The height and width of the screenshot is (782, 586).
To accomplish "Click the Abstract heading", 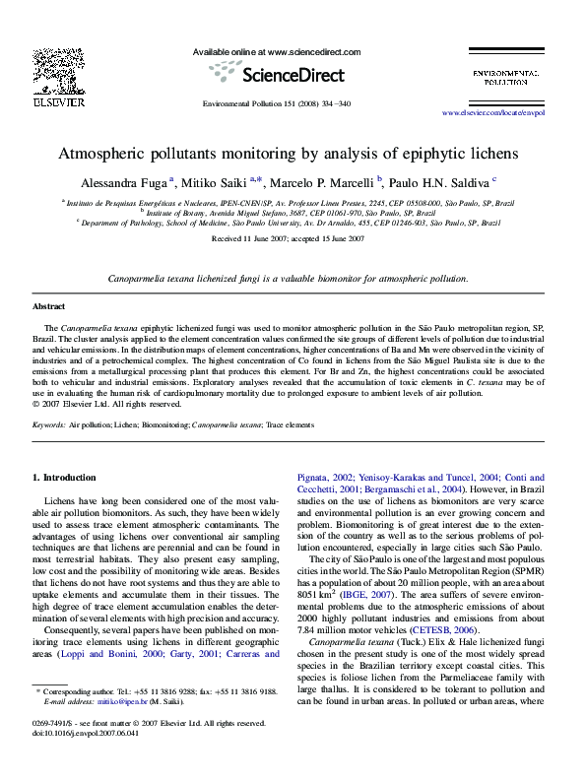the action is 49,307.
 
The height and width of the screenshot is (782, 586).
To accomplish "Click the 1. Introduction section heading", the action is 65,478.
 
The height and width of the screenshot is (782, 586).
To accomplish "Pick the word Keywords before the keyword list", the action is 49,424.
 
